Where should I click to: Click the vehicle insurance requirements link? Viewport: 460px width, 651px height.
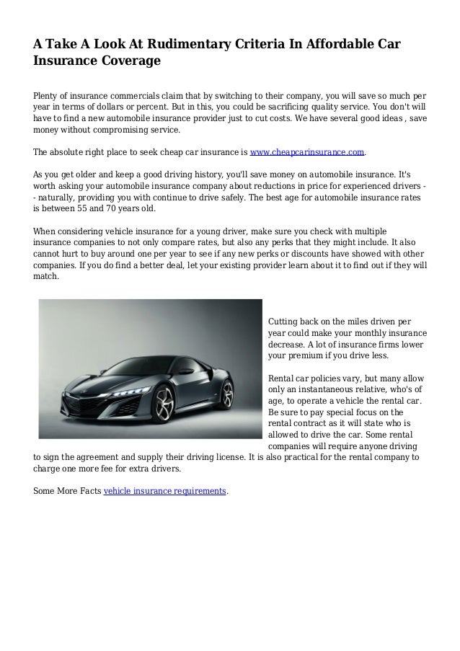pyautogui.click(x=165, y=492)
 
